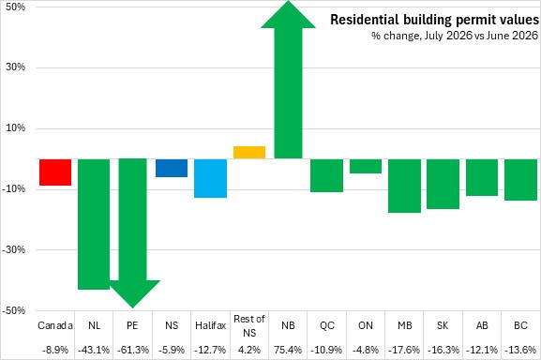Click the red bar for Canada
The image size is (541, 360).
(x=55, y=172)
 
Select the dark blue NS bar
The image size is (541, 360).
(x=172, y=168)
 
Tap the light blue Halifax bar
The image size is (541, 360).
(x=210, y=178)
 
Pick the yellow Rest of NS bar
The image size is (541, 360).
(x=249, y=153)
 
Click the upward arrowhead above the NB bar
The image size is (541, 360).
(x=288, y=14)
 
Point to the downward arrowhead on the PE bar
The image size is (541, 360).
(x=133, y=293)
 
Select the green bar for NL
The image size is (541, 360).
(x=94, y=224)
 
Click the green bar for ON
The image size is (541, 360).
(x=366, y=166)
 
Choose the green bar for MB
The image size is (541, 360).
(x=404, y=186)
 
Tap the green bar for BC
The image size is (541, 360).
(x=520, y=180)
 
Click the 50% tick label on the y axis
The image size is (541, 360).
(x=16, y=7)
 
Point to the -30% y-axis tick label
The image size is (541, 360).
(x=14, y=249)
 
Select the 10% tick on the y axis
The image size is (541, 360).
(x=16, y=127)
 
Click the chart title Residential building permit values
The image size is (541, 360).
(x=435, y=20)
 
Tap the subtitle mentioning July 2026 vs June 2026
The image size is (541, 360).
(x=455, y=36)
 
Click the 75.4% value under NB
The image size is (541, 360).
(x=288, y=350)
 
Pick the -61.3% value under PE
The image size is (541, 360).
(x=133, y=350)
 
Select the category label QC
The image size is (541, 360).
(x=326, y=325)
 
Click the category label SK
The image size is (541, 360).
(x=443, y=325)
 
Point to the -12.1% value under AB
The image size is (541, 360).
(x=482, y=350)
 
